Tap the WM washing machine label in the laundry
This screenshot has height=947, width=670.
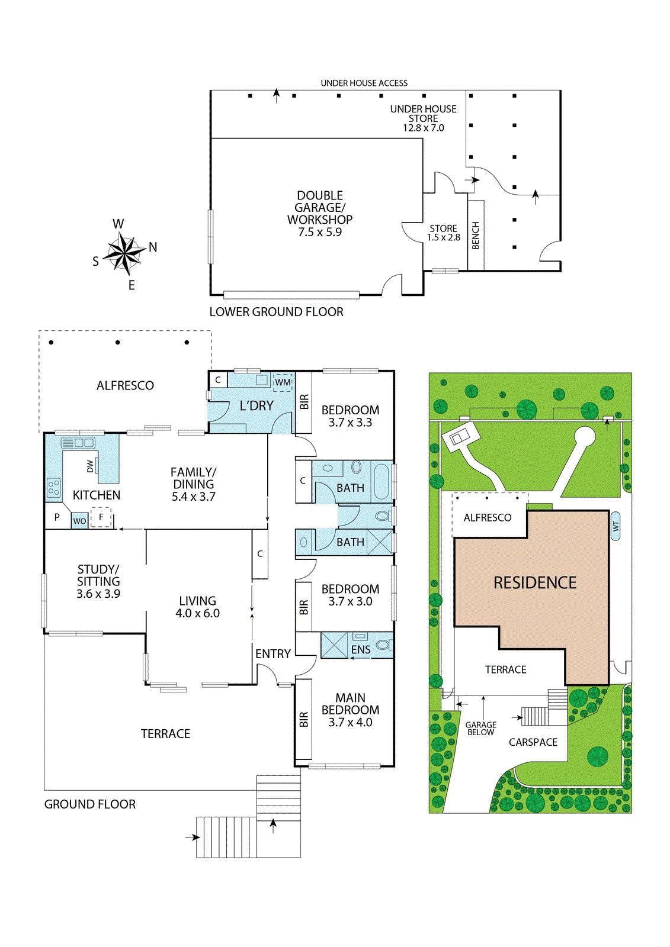pyautogui.click(x=283, y=382)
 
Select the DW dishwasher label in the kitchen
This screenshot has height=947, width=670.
pyautogui.click(x=89, y=466)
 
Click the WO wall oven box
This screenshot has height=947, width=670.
pyautogui.click(x=79, y=521)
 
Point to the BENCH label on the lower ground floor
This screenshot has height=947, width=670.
pyautogui.click(x=475, y=236)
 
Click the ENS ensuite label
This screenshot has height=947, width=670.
pyautogui.click(x=361, y=649)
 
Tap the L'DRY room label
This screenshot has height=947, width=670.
pyautogui.click(x=257, y=406)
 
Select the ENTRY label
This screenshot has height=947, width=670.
pyautogui.click(x=273, y=654)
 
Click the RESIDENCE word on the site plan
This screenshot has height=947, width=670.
pyautogui.click(x=535, y=582)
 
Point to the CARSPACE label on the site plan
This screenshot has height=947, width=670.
pyautogui.click(x=533, y=742)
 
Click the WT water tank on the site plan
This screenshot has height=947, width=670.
pyautogui.click(x=615, y=526)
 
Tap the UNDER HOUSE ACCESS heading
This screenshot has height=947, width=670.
pyautogui.click(x=364, y=83)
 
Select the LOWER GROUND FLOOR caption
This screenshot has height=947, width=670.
pyautogui.click(x=277, y=312)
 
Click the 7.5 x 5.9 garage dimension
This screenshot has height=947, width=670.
pyautogui.click(x=320, y=232)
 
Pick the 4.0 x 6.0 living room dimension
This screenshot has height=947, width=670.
pyautogui.click(x=198, y=613)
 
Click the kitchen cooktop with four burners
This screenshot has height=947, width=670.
pyautogui.click(x=54, y=487)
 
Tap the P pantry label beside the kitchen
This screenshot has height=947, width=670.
pyautogui.click(x=57, y=517)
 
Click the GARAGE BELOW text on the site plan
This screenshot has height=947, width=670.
pyautogui.click(x=481, y=729)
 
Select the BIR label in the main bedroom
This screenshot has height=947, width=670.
pyautogui.click(x=303, y=720)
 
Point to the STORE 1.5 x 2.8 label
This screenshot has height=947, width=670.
pyautogui.click(x=444, y=233)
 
